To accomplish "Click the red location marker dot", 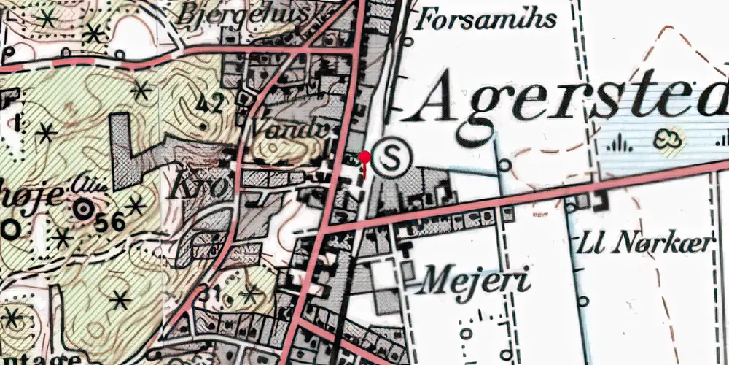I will pyautogui.click(x=365, y=157).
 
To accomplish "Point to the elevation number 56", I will pyautogui.click(x=109, y=223).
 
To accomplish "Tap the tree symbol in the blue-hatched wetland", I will pyautogui.click(x=669, y=139).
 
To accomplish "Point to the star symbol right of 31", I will pyautogui.click(x=251, y=294).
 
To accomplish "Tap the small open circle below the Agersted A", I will pyautogui.click(x=505, y=166).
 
